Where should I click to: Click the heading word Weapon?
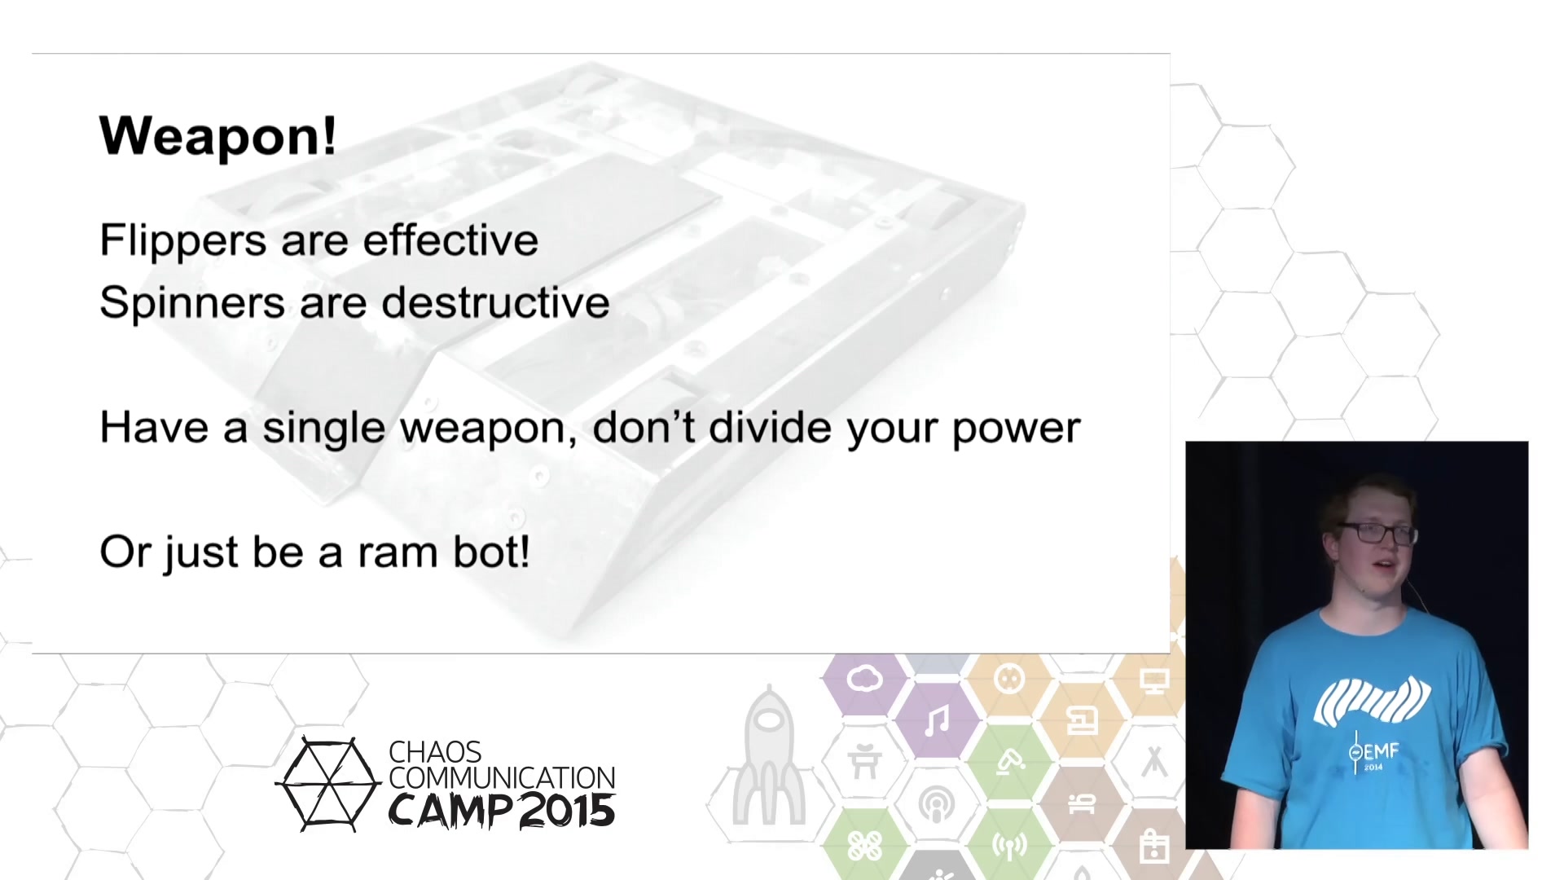pyautogui.click(x=217, y=136)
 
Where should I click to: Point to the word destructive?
pyautogui.click(x=495, y=302)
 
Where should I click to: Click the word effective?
pyautogui.click(x=450, y=240)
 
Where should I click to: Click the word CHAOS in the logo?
pyautogui.click(x=435, y=752)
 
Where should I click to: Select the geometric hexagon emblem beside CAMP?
pyautogui.click(x=328, y=784)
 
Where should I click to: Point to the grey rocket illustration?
pyautogui.click(x=769, y=755)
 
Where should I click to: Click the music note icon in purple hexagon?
pyautogui.click(x=938, y=721)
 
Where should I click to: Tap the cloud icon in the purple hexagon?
pyautogui.click(x=864, y=678)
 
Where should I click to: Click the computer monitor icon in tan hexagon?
pyautogui.click(x=1154, y=680)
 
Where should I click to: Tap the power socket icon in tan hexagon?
pyautogui.click(x=1009, y=678)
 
